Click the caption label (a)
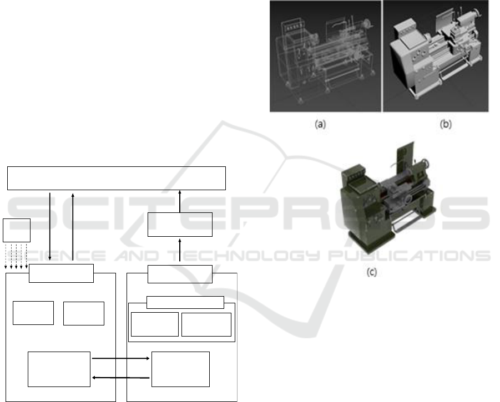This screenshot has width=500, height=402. click(320, 124)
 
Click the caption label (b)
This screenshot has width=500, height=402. click(446, 124)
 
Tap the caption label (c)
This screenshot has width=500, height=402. click(372, 272)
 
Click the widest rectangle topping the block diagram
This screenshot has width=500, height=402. click(117, 178)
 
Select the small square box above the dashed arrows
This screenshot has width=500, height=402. click(17, 230)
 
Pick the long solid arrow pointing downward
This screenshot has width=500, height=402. click(50, 226)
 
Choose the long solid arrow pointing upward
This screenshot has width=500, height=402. click(73, 226)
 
